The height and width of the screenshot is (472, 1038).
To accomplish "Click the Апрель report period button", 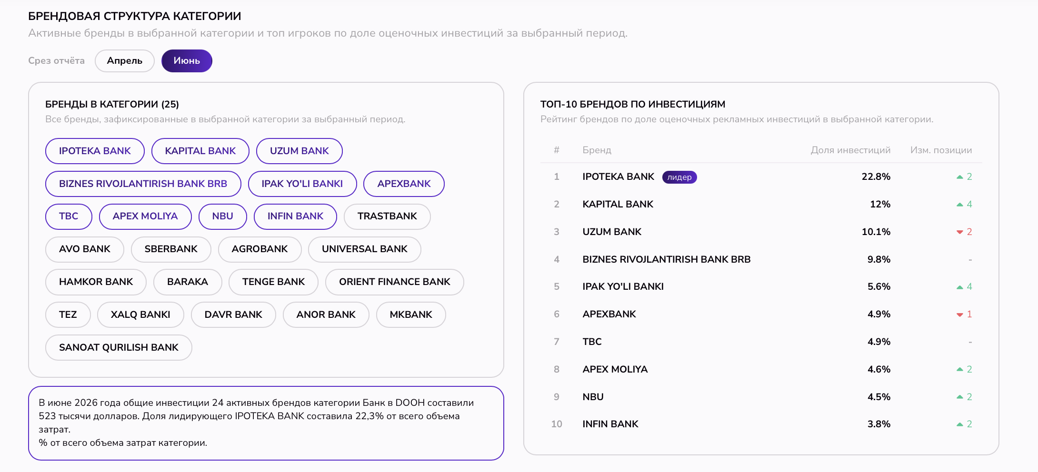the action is tap(125, 61).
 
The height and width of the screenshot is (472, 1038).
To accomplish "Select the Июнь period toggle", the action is tap(187, 61).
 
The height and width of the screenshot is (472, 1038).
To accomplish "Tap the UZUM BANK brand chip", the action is tap(299, 151).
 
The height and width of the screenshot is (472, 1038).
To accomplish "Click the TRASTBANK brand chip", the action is tap(387, 216).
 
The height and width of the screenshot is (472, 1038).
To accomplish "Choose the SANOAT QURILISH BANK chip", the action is tap(119, 347).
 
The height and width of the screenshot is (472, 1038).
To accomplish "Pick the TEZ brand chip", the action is tap(68, 315).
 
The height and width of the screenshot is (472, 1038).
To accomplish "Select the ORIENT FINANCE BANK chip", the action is tap(394, 282).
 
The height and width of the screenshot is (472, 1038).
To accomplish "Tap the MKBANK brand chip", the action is tap(411, 315).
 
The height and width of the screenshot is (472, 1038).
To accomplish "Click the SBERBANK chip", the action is tap(171, 249).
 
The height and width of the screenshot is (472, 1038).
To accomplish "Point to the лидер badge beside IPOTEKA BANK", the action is tap(679, 177).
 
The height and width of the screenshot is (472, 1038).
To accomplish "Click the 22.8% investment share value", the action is tap(876, 177).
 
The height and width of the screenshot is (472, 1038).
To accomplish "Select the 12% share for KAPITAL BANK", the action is tap(880, 204).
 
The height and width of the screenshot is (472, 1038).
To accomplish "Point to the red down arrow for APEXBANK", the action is tap(960, 315).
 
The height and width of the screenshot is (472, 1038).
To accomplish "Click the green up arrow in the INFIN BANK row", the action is tap(960, 424).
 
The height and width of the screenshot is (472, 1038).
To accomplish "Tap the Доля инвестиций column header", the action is tap(850, 150).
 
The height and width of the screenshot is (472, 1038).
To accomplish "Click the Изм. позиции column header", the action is tap(941, 150).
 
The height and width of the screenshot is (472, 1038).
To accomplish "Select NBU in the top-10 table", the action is tap(593, 397).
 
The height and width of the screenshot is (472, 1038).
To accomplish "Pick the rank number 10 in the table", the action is tap(557, 424).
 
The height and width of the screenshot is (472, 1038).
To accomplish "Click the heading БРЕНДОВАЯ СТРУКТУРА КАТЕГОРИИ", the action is tap(135, 16).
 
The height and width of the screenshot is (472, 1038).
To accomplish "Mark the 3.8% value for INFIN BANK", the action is tap(879, 424).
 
